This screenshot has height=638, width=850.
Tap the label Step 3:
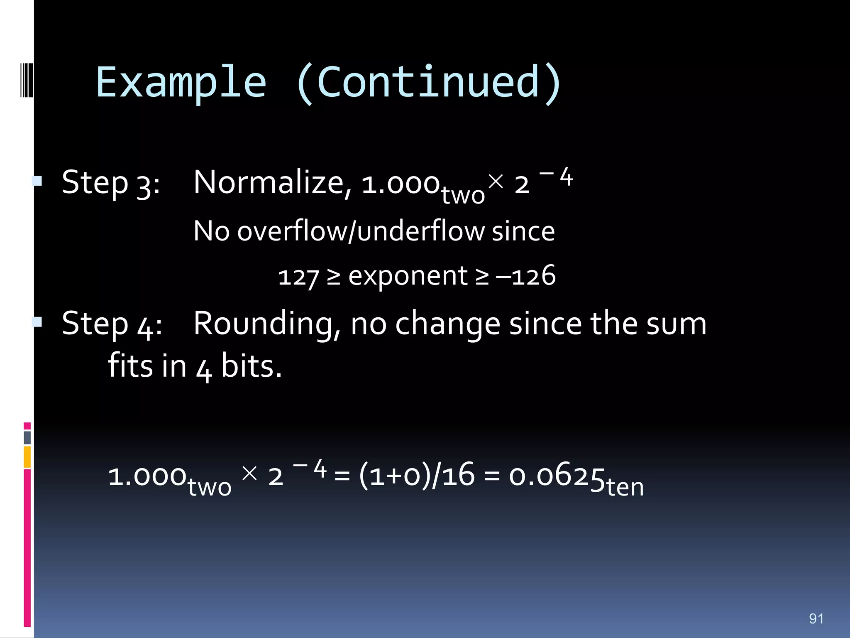click(x=111, y=183)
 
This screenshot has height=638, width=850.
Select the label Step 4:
click(x=112, y=324)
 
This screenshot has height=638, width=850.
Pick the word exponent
click(x=408, y=276)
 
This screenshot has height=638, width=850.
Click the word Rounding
click(x=267, y=324)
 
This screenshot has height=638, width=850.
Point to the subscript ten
click(x=625, y=487)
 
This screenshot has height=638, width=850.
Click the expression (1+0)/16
click(x=416, y=476)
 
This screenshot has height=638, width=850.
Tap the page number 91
click(x=816, y=619)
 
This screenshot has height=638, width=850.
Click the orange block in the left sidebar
click(x=27, y=457)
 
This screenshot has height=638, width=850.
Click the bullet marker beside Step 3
click(x=37, y=181)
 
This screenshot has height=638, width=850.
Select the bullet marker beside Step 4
click(x=37, y=322)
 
